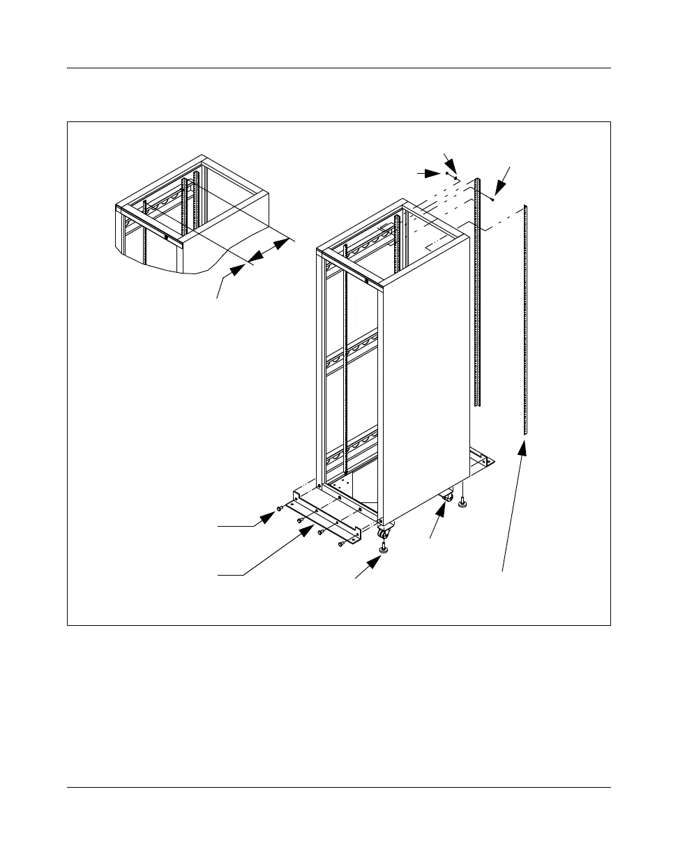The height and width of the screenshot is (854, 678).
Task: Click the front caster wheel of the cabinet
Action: [383, 534]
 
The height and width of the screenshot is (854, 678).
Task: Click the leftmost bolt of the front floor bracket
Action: [280, 509]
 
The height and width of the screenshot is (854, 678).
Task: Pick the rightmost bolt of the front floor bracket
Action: [341, 544]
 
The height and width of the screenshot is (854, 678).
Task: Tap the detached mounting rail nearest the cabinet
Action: [478, 293]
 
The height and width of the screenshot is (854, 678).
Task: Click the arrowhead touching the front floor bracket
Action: [306, 532]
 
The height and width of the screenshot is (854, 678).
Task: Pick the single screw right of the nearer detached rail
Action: [493, 199]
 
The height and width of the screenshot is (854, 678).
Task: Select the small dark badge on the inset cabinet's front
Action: [167, 236]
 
